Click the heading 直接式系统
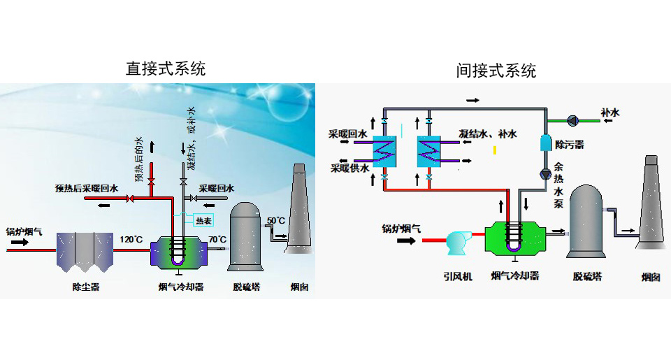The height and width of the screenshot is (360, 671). pos(166,69)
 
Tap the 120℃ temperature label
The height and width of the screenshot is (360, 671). pos(131,240)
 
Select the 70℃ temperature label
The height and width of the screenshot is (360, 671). pos(218,240)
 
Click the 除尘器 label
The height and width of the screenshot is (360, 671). pos(85,287)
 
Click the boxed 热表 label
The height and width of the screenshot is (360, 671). pos(204,221)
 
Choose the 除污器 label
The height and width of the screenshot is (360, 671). pos(569,145)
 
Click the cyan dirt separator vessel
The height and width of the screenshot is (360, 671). pos(546,142)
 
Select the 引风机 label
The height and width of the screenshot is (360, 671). pos(459,276)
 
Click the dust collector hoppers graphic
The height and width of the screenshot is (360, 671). pos(85,251)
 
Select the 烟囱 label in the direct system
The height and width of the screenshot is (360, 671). pos(300,287)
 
